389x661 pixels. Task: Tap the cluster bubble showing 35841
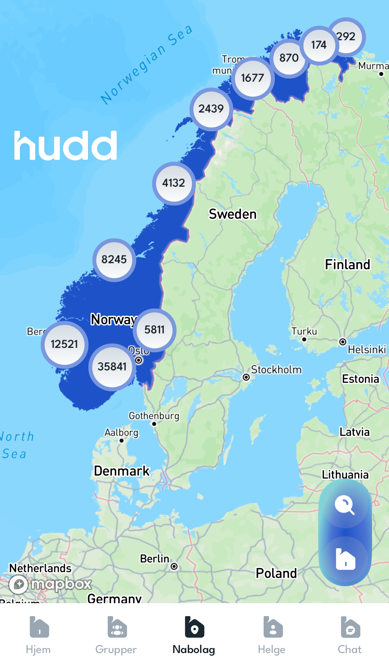pyautogui.click(x=112, y=367)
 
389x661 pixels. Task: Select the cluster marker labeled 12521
pyautogui.click(x=65, y=344)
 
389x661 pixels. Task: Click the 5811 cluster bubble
pyautogui.click(x=155, y=330)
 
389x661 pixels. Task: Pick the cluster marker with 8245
pyautogui.click(x=114, y=260)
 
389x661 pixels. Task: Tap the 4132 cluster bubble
pyautogui.click(x=174, y=183)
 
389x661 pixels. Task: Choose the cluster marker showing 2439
pyautogui.click(x=211, y=109)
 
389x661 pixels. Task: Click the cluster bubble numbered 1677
pyautogui.click(x=253, y=78)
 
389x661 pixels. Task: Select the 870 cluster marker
pyautogui.click(x=289, y=58)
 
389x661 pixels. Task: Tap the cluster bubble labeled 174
pyautogui.click(x=319, y=45)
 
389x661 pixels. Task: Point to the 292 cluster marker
pyautogui.click(x=347, y=36)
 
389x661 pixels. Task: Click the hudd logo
pyautogui.click(x=65, y=145)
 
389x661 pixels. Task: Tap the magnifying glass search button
pyautogui.click(x=345, y=505)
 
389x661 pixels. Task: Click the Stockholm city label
pyautogui.click(x=276, y=370)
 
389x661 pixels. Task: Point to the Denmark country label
pyautogui.click(x=122, y=471)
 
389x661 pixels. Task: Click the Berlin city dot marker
pyautogui.click(x=174, y=566)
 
